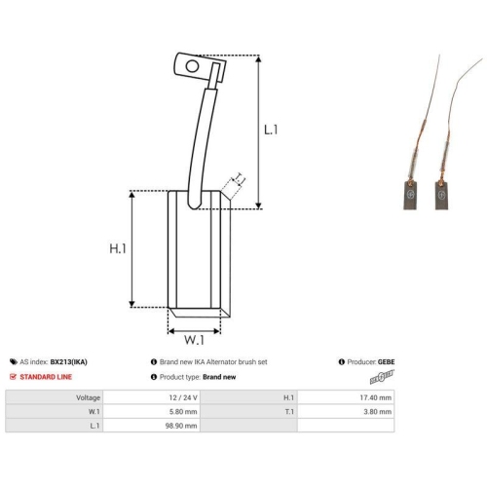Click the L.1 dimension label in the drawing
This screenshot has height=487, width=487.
coord(271,130)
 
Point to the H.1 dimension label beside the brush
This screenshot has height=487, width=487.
coord(118,248)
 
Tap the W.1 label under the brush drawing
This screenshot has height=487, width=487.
coord(194,340)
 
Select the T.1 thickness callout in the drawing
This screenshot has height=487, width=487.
coord(240,179)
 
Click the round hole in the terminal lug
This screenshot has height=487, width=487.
coord(192,66)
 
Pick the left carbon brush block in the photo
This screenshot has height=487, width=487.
coord(411,195)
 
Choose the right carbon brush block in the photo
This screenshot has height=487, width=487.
coord(442,195)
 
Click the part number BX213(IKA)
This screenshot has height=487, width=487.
coord(68,361)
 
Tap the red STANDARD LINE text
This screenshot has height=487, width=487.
coord(46,377)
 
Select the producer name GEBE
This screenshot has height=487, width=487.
coord(386,361)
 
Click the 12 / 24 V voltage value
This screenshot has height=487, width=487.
coord(183,397)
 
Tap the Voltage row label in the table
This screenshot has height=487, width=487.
coord(88,397)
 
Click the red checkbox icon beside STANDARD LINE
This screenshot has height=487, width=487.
coord(13,377)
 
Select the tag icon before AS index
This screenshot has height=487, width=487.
coord(14,361)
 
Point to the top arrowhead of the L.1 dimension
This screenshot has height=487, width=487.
coord(258,58)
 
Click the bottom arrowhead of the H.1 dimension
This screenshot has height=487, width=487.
coord(131,304)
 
